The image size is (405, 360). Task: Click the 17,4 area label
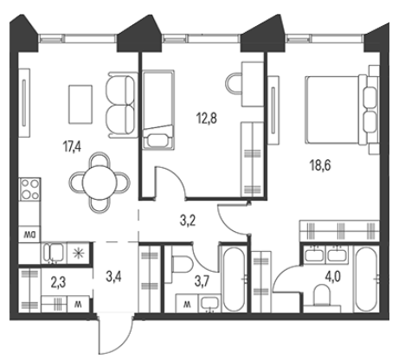[72, 147]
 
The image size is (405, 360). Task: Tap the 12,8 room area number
[207, 119]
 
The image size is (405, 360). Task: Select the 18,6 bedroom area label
[320, 165]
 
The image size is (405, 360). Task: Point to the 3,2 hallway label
[188, 222]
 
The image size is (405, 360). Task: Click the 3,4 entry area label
[113, 277]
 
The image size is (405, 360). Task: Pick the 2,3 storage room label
[58, 283]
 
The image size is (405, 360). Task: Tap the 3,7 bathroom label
[202, 281]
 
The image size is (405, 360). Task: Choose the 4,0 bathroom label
[333, 276]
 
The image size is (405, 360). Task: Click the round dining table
[100, 183]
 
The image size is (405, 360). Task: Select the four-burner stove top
[30, 190]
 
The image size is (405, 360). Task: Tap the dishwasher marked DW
[29, 235]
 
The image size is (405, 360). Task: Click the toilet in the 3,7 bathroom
[183, 265]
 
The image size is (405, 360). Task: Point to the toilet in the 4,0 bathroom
[324, 295]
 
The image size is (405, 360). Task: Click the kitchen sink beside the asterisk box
[54, 253]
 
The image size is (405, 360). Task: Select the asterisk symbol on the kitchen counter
[78, 254]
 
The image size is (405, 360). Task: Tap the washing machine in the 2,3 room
[78, 304]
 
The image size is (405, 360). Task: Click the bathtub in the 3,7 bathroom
[235, 279]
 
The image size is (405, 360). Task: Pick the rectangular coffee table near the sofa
[80, 105]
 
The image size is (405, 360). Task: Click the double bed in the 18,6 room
[342, 110]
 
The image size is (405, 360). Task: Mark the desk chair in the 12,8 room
[234, 83]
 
